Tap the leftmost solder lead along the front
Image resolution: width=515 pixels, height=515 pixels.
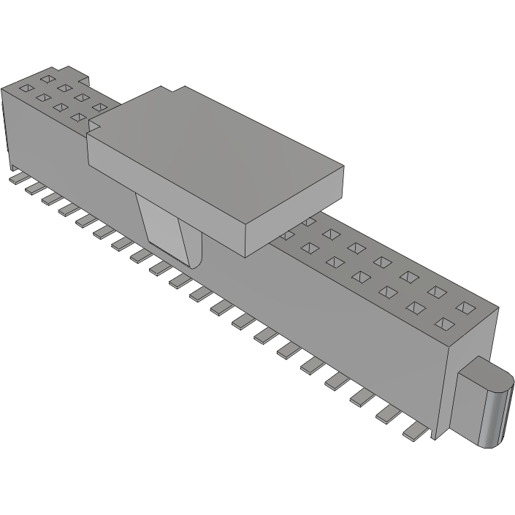click(16, 177)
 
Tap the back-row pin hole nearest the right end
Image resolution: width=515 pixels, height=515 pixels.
click(465, 305)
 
